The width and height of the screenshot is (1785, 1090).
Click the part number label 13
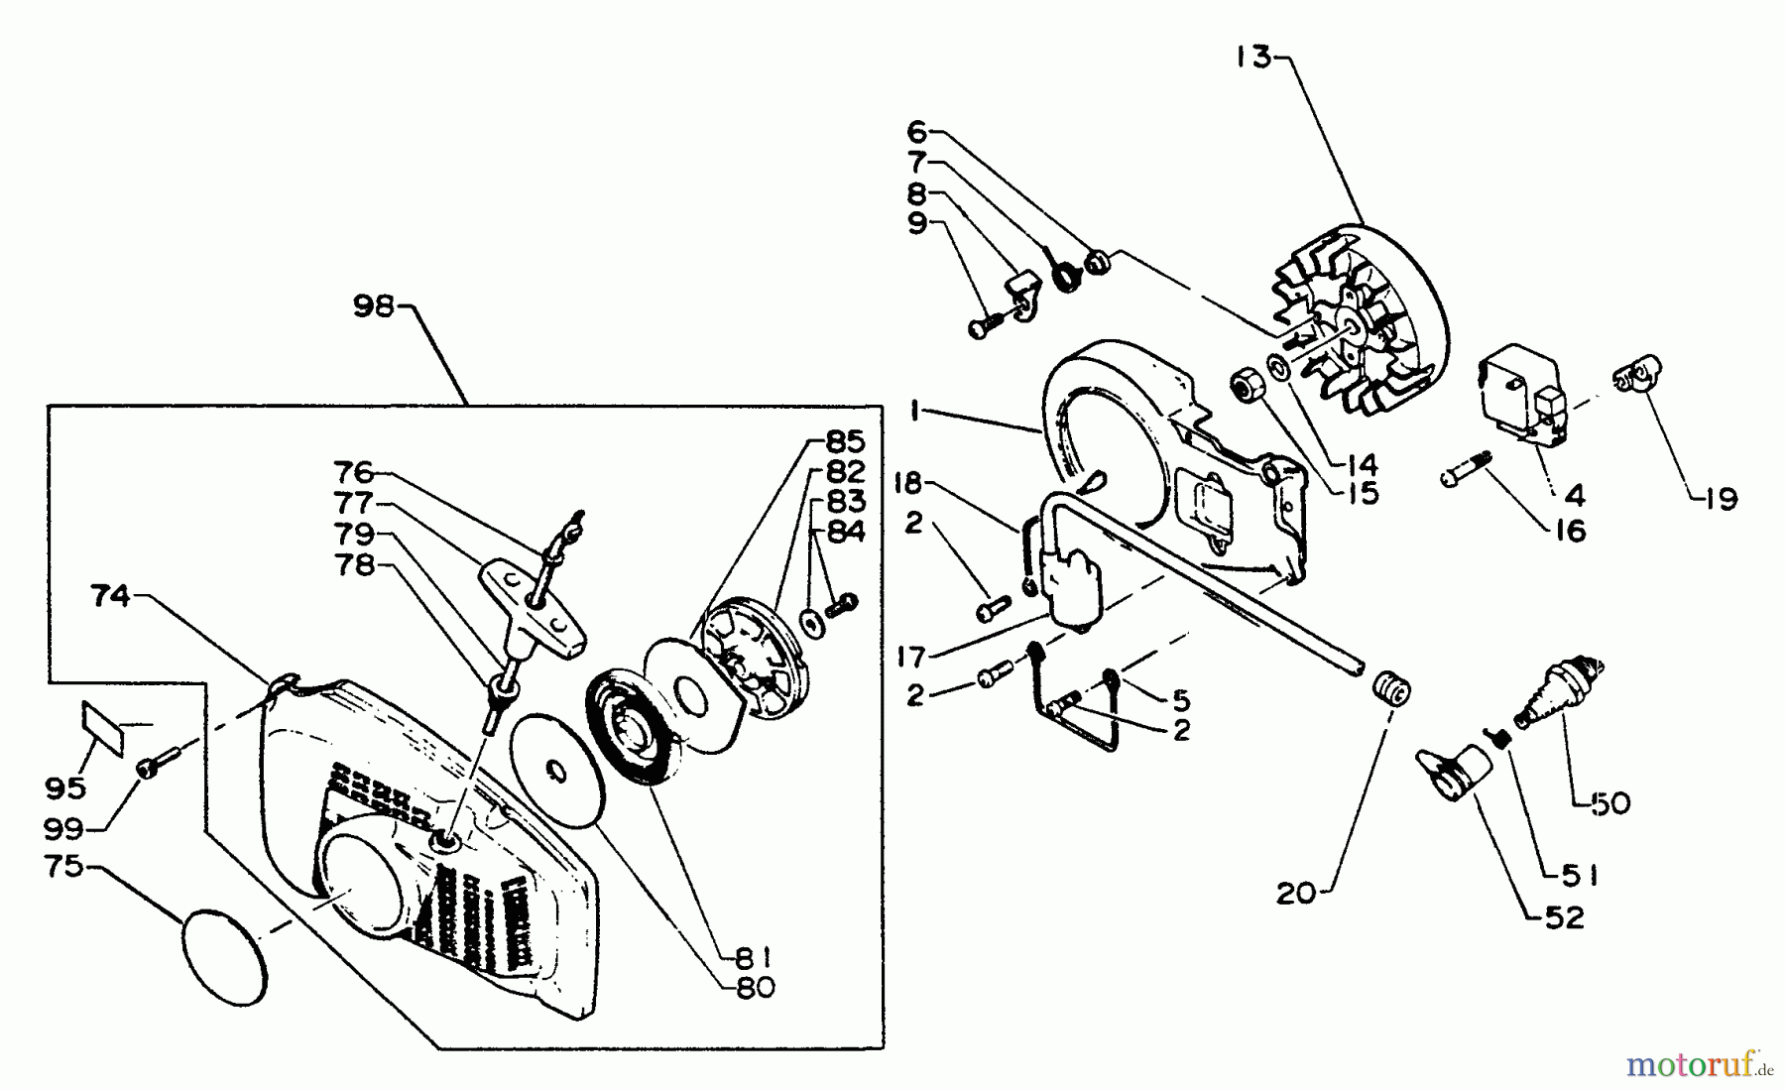click(1252, 58)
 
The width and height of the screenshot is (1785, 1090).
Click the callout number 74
click(110, 596)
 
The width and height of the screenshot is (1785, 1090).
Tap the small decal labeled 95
click(102, 727)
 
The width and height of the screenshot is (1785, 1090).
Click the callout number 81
click(753, 958)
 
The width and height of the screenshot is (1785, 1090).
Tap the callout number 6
click(916, 131)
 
